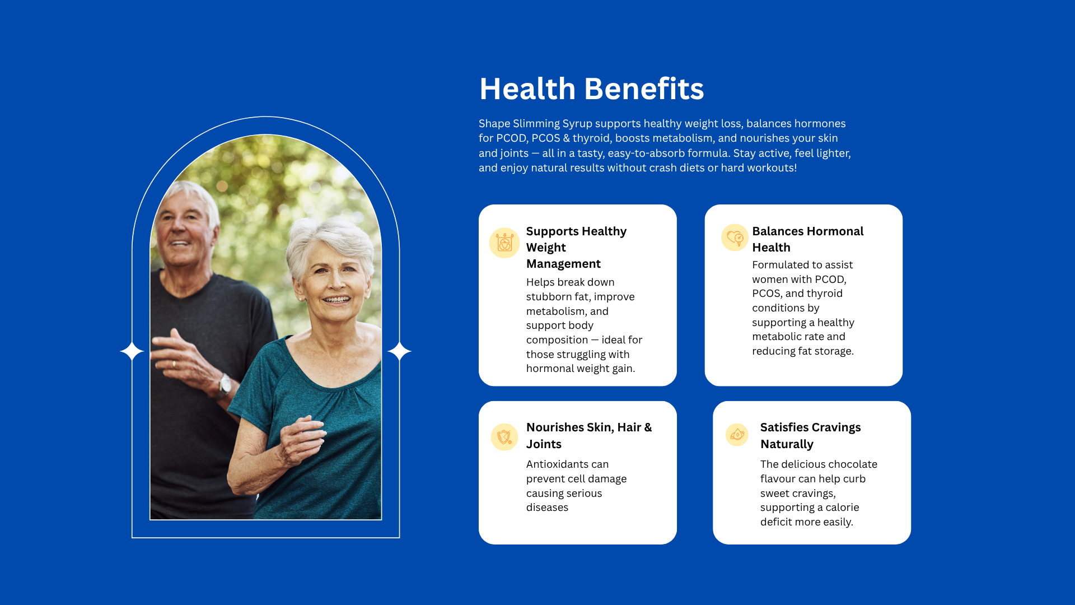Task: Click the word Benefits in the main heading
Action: [x=644, y=89]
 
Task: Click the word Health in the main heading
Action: [x=527, y=89]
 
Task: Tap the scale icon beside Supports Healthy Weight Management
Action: [x=504, y=243]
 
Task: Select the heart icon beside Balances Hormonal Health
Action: [x=735, y=238]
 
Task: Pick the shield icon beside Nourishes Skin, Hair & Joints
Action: [x=504, y=437]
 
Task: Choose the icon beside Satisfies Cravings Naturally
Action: [x=737, y=435]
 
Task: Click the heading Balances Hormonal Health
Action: [x=807, y=239]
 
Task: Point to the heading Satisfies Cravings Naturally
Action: [x=810, y=436]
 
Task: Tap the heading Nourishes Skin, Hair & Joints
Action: [x=589, y=436]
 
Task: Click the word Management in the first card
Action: [x=563, y=264]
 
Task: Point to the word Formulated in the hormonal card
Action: [x=780, y=265]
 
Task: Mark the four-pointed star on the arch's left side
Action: [x=132, y=351]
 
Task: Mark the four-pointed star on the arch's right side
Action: [x=399, y=351]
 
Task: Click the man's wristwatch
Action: [x=225, y=385]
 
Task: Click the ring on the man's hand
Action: [x=174, y=364]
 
